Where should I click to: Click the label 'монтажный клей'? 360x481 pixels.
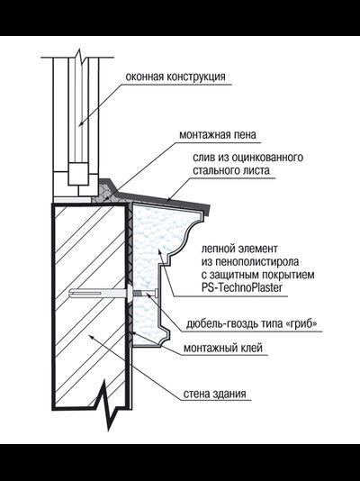[x=222, y=348]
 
